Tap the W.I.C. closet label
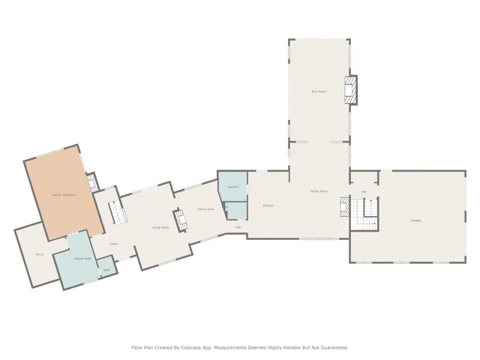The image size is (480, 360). coord(40,254)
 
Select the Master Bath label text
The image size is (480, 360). coord(82,259)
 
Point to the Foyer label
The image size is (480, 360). coord(114,244)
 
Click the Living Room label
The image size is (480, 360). coord(160,227)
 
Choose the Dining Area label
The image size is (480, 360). coord(205,209)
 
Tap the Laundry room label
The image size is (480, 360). coord(232,187)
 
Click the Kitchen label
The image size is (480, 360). coord(268,205)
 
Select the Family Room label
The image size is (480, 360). coord(319,191)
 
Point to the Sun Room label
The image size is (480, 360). coord(319,91)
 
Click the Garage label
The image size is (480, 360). coord(415,220)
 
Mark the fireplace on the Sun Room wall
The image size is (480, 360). coord(351,89)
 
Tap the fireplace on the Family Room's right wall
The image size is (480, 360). coord(344,205)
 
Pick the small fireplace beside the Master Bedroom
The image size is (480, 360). coord(91,182)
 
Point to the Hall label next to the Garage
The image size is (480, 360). coord(364,192)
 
